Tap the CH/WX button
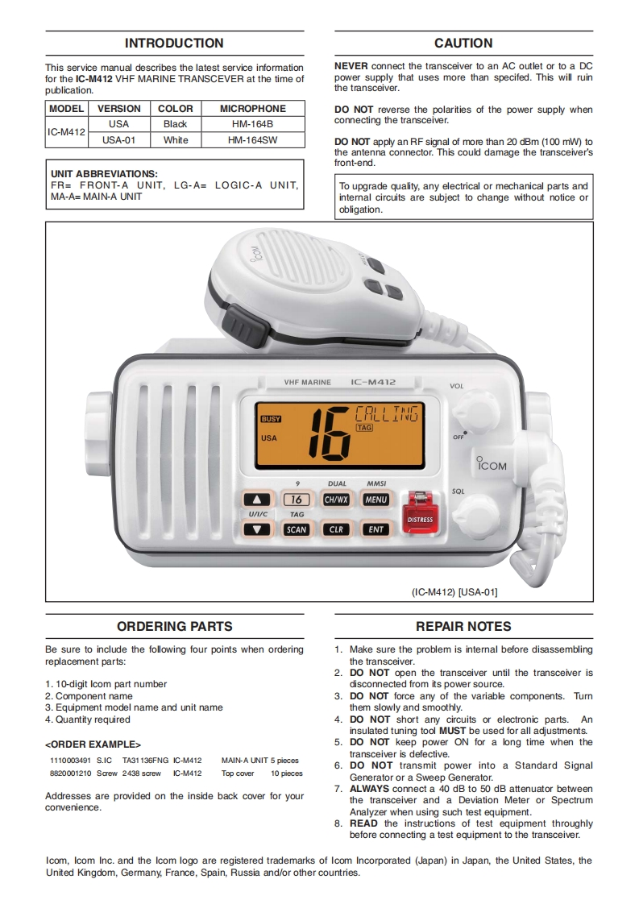point(336,500)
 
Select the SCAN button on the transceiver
point(296,529)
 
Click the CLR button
point(336,529)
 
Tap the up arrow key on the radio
point(257,500)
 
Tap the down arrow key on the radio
point(257,529)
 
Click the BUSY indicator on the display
point(271,419)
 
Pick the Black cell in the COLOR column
point(175,124)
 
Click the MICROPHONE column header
point(253,108)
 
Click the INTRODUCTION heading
point(174,44)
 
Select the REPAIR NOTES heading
point(463,626)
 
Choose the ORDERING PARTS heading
point(174,626)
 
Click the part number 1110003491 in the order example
point(69,760)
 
